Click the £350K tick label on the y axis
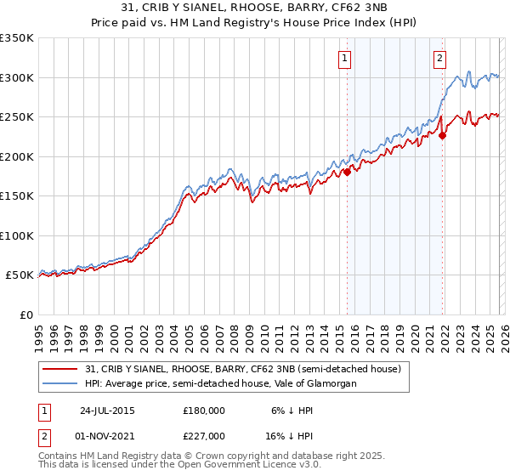[17, 38]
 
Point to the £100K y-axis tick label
[17, 235]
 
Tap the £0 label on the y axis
[25, 314]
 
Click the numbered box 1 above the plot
[345, 59]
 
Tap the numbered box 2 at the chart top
[439, 59]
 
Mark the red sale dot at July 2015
[347, 173]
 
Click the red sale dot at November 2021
[443, 134]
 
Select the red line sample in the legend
[60, 369]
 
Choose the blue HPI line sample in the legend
[60, 383]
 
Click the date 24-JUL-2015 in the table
[107, 410]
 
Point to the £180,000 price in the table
[204, 410]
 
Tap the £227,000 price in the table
[204, 435]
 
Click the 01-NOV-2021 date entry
[107, 435]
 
